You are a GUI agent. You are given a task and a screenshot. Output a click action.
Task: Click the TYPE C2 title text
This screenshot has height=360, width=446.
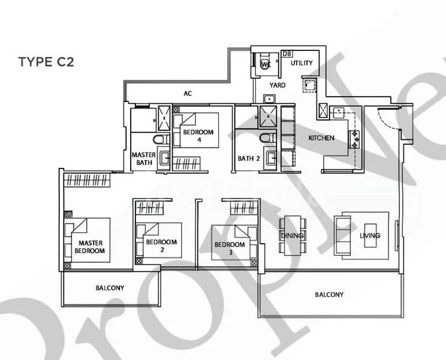(x=46, y=62)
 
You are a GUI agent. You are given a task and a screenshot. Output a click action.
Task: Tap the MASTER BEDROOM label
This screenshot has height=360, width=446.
(x=91, y=247)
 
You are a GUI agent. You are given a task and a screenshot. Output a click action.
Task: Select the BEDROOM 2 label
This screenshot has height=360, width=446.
(x=161, y=245)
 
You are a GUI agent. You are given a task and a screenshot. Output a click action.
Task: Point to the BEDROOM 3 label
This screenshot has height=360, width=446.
(x=230, y=248)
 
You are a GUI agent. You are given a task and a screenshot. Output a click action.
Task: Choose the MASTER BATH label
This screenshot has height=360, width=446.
(x=143, y=158)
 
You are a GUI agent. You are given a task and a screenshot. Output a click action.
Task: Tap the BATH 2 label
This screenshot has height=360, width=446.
(x=248, y=158)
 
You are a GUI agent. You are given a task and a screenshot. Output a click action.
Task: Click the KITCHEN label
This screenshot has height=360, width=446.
(x=321, y=138)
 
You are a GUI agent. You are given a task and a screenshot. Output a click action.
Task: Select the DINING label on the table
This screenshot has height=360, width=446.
(x=292, y=236)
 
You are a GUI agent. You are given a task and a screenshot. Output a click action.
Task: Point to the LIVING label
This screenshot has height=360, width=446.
(x=370, y=236)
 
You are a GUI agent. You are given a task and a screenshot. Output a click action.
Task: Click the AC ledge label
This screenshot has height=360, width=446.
(x=188, y=93)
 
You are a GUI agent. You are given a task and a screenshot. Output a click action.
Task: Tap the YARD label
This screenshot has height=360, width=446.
(x=278, y=85)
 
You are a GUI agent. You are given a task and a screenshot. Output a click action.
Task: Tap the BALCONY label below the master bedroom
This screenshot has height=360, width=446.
(x=110, y=288)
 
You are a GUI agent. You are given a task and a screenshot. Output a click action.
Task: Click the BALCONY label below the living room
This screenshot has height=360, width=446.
(x=329, y=295)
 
